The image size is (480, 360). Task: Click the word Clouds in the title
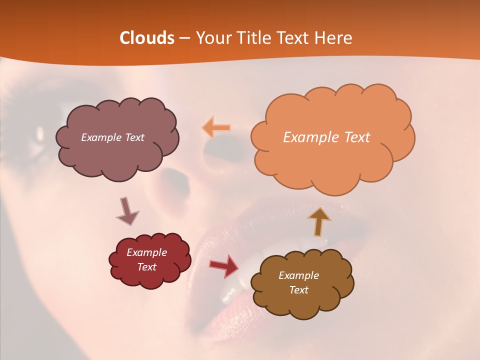pyautogui.click(x=146, y=38)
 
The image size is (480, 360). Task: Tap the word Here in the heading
pyautogui.click(x=334, y=38)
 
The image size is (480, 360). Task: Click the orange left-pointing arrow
pyautogui.click(x=216, y=127)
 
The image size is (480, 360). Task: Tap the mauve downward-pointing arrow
pyautogui.click(x=127, y=211)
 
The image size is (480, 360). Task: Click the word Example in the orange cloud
pyautogui.click(x=307, y=137)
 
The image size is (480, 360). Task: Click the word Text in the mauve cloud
pyautogui.click(x=134, y=137)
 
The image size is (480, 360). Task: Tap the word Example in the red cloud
pyautogui.click(x=146, y=252)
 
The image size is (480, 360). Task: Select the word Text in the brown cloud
pyautogui.click(x=298, y=290)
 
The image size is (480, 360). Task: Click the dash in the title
pyautogui.click(x=184, y=38)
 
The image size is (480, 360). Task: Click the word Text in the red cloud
pyautogui.click(x=146, y=267)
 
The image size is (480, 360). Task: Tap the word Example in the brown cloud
pyautogui.click(x=298, y=275)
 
